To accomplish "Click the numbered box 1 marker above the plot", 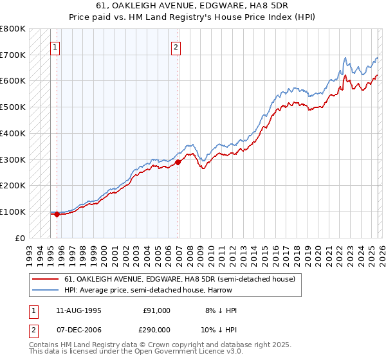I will coord(55,46).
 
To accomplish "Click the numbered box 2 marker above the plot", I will coord(176,46).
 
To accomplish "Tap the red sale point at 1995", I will coord(57,214).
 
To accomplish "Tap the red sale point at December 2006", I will coord(178,162).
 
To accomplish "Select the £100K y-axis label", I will coord(13,212).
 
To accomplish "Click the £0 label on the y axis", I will coord(19,238).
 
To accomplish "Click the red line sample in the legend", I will coord(46,280).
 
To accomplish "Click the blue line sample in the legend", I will coord(46,291).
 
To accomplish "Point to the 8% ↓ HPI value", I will coord(221,310).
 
